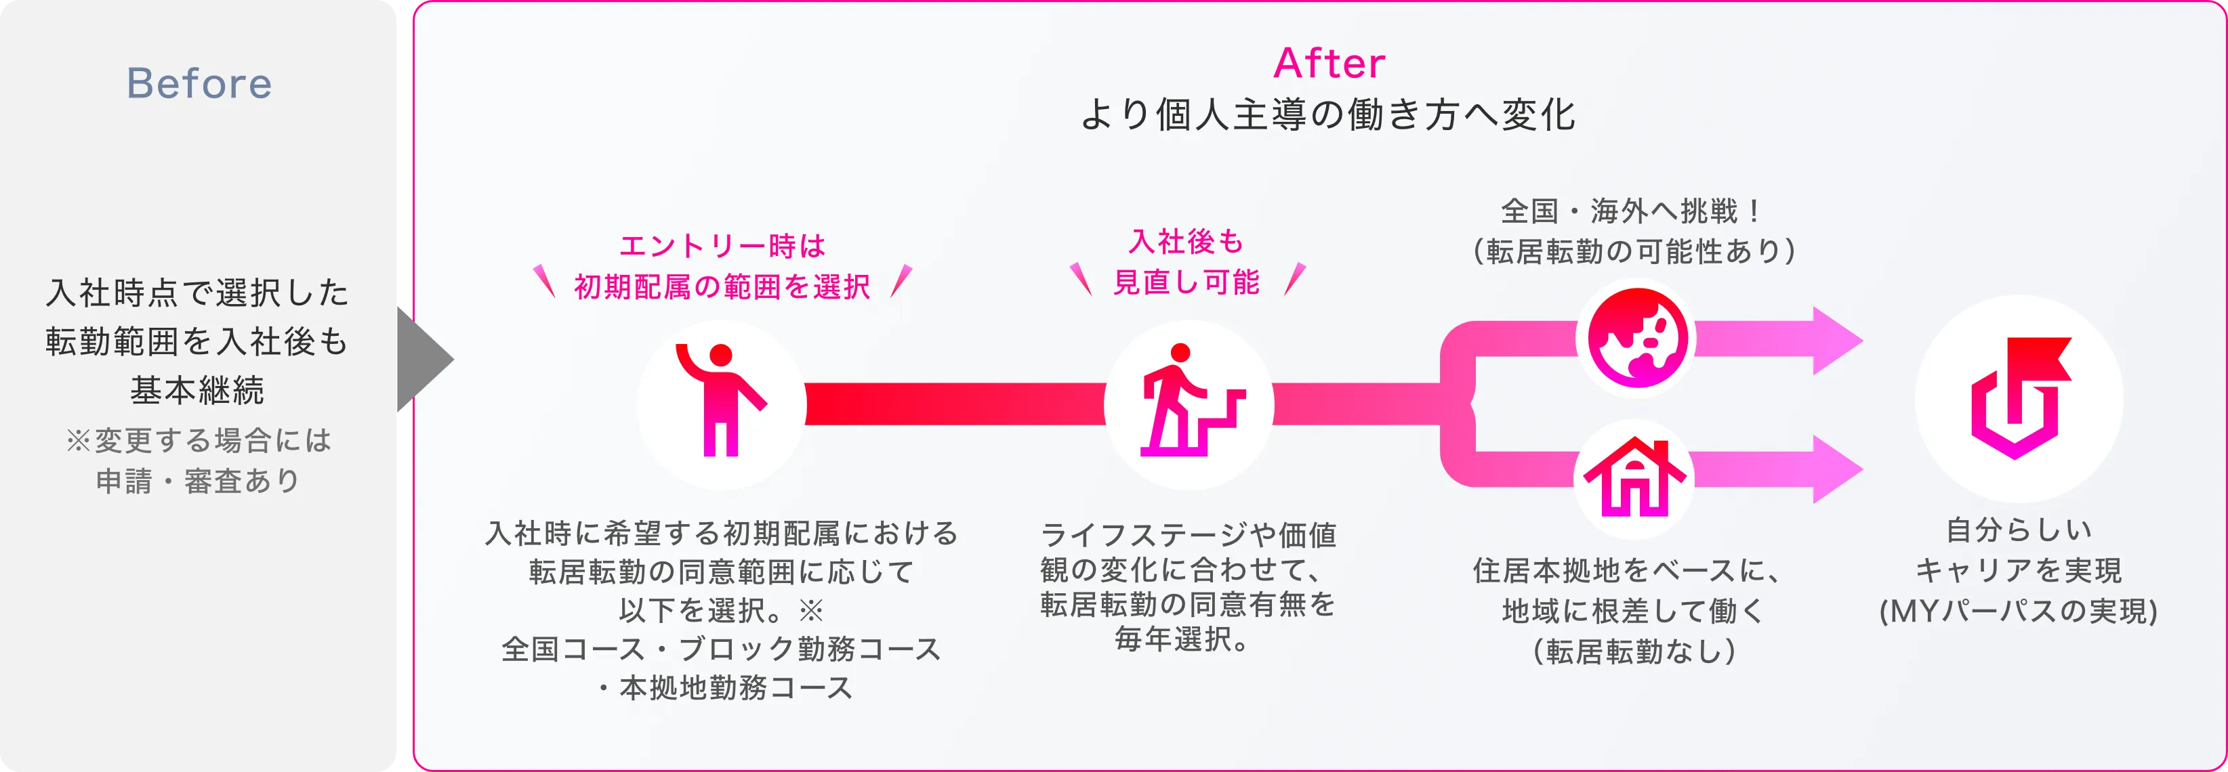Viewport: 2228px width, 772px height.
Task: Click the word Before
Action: (199, 84)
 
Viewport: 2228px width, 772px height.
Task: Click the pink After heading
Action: (1329, 63)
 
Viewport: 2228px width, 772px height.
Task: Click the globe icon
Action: (1636, 337)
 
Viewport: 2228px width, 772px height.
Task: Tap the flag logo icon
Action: (2019, 398)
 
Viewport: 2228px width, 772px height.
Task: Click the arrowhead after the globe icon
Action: (1836, 340)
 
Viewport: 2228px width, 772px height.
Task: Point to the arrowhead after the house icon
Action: (1836, 469)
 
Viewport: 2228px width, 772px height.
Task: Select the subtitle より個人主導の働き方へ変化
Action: (1329, 115)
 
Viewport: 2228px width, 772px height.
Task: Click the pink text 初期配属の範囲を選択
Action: (722, 286)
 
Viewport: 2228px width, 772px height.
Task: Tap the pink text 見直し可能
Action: (1186, 282)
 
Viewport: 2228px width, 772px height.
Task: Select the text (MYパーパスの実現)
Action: (2019, 612)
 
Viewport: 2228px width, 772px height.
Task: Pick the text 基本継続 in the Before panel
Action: (197, 390)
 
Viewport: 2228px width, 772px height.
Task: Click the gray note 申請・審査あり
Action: (197, 481)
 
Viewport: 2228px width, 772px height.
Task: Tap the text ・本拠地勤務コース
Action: (723, 687)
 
